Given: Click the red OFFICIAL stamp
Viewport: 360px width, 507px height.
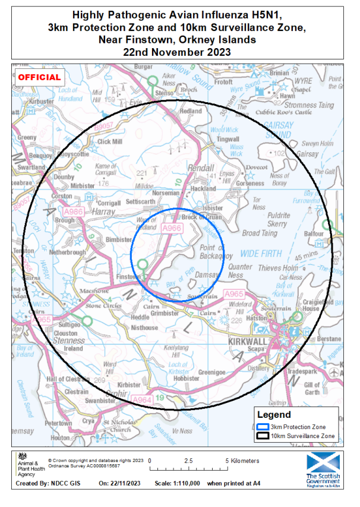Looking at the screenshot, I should coord(39,77).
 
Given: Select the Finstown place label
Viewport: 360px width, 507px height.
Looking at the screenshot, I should coord(128,278).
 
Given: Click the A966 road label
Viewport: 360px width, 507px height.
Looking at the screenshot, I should coord(171,228).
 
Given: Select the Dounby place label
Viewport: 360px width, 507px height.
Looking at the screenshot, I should coord(64,177).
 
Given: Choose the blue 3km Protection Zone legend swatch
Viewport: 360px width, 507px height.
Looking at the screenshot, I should coord(263,427).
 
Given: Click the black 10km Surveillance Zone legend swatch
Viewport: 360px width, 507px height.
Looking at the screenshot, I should coord(263,436).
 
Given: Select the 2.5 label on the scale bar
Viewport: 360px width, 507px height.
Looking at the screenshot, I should coord(188,461).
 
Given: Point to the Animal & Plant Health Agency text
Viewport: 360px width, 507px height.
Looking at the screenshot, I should coord(29,470).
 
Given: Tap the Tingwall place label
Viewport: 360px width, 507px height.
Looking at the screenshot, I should coord(228,139).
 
